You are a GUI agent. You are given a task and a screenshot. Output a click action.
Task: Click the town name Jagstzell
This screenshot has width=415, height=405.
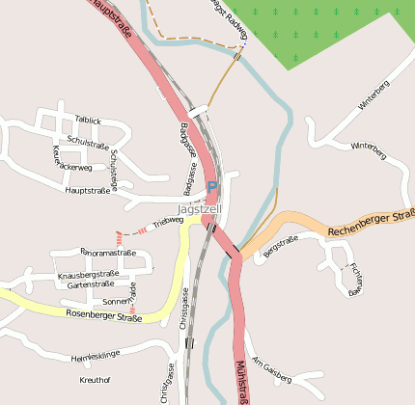(x=200, y=209)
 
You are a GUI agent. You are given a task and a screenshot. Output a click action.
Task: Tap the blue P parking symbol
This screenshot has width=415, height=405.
(x=212, y=187)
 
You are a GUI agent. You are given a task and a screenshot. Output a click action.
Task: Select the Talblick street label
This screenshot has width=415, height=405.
(x=88, y=121)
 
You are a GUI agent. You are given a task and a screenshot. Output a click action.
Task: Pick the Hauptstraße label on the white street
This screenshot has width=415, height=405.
(x=88, y=191)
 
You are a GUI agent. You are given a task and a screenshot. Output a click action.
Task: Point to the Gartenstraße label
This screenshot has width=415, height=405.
(x=92, y=285)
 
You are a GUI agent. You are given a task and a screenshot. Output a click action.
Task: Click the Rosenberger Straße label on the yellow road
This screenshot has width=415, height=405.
(x=104, y=314)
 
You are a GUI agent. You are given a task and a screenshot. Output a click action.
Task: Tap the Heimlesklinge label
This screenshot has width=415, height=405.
(x=97, y=356)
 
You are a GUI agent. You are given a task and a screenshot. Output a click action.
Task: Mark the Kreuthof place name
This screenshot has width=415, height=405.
(x=95, y=380)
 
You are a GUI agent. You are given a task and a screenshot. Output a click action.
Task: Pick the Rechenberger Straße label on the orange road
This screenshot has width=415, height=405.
(x=371, y=223)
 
